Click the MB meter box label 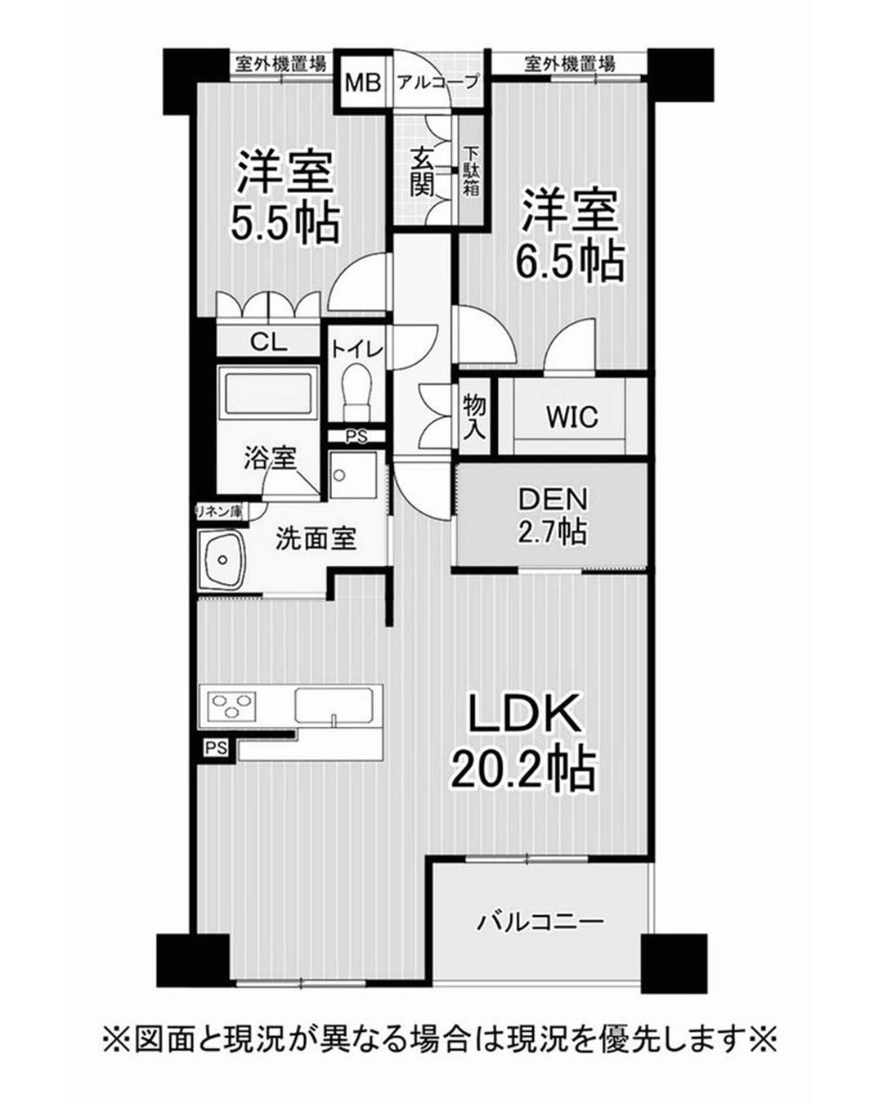(363, 83)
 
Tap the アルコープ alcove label (437, 82)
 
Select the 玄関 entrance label (423, 173)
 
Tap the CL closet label (268, 342)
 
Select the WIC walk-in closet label (572, 417)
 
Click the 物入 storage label (473, 415)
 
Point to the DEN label (552, 499)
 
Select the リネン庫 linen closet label (221, 511)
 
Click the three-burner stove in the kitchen (231, 704)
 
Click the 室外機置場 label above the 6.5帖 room (569, 64)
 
